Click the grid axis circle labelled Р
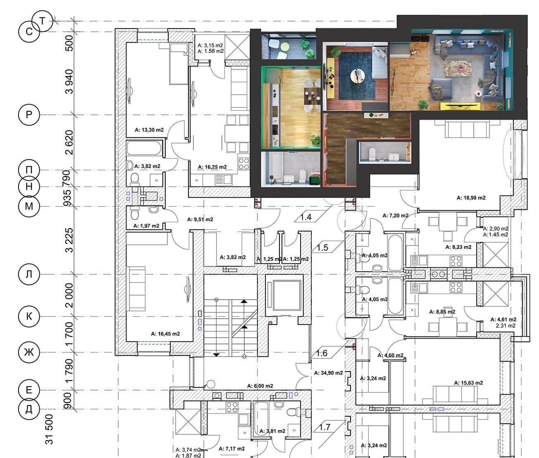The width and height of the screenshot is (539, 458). click(29, 114)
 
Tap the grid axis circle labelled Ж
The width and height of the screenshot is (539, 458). click(29, 352)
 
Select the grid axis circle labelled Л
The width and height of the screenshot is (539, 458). click(29, 274)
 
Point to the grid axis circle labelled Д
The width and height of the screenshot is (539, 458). click(29, 409)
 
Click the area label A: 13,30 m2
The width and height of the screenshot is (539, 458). click(149, 130)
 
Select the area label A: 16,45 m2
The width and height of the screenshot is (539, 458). click(165, 334)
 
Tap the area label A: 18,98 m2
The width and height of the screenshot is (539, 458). click(471, 198)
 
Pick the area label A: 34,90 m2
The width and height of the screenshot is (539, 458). click(328, 373)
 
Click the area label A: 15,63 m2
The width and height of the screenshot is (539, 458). click(468, 383)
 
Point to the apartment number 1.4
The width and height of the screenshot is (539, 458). click(305, 217)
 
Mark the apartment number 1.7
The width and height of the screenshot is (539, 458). click(325, 427)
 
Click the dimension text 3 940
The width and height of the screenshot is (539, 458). click(69, 82)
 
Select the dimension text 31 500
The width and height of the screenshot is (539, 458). click(50, 430)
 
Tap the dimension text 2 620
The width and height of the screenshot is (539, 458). click(69, 143)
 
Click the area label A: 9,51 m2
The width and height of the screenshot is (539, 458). click(200, 219)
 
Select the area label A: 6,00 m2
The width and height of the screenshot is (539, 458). click(261, 385)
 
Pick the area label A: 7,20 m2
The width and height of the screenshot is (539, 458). click(395, 215)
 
